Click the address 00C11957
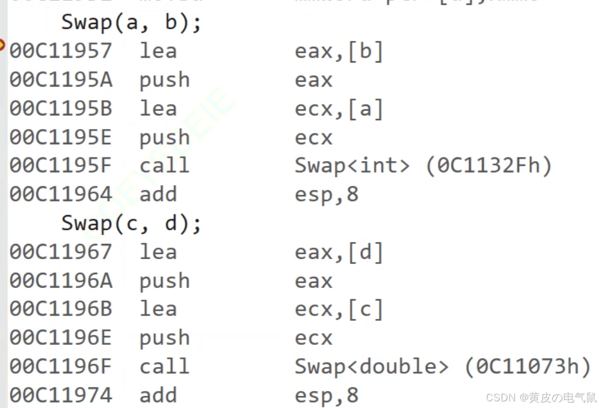pyautogui.click(x=60, y=51)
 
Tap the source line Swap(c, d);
pyautogui.click(x=131, y=224)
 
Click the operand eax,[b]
pyautogui.click(x=339, y=52)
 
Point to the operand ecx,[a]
pyautogui.click(x=339, y=109)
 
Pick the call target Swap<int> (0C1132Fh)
pyautogui.click(x=423, y=166)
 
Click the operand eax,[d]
pyautogui.click(x=339, y=252)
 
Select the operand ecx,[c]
pyautogui.click(x=339, y=309)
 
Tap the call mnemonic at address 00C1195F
pyautogui.click(x=164, y=166)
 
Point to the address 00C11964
pyautogui.click(x=60, y=195)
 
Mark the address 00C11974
pyautogui.click(x=60, y=395)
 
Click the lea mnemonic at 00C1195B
pyautogui.click(x=158, y=109)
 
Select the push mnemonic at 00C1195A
pyautogui.click(x=164, y=81)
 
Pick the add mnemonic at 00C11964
pyautogui.click(x=158, y=195)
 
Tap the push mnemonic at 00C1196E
pyautogui.click(x=164, y=338)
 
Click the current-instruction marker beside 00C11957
pyautogui.click(x=3, y=45)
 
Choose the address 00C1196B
pyautogui.click(x=60, y=309)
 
